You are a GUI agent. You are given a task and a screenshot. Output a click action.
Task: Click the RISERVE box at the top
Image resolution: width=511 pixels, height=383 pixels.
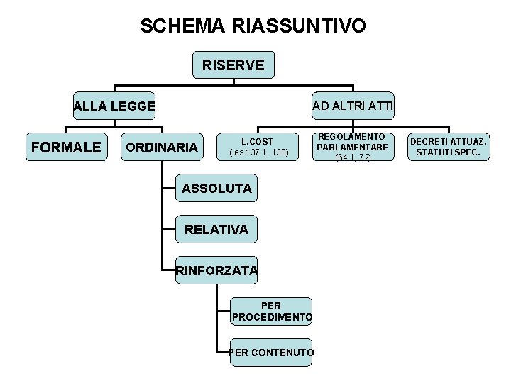(x=233, y=65)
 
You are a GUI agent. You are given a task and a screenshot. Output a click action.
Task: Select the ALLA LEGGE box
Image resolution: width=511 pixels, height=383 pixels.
(x=115, y=106)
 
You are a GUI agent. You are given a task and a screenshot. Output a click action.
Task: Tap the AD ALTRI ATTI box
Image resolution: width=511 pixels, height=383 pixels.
(x=353, y=106)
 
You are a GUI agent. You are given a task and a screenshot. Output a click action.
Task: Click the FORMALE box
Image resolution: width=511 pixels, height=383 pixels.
(x=67, y=148)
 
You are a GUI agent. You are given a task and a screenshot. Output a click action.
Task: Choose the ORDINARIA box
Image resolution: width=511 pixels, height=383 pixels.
(x=161, y=148)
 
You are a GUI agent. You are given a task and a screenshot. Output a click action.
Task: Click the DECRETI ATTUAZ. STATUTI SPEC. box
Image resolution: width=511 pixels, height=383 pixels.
(x=449, y=147)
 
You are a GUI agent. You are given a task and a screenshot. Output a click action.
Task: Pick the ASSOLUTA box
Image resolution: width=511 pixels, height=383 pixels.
(x=216, y=189)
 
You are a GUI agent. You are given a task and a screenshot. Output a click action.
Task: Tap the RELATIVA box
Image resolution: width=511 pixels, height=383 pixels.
(x=216, y=230)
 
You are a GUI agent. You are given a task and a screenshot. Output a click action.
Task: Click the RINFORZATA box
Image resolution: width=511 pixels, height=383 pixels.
(x=216, y=270)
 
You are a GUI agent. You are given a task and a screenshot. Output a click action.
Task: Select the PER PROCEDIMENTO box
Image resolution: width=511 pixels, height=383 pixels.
(x=271, y=311)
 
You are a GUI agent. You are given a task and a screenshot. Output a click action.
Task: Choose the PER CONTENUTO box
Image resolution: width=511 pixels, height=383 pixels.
(x=271, y=352)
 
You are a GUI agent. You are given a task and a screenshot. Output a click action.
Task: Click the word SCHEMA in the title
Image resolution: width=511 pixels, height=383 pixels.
(x=182, y=26)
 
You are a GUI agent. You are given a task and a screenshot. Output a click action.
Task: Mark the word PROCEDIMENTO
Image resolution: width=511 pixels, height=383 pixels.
(x=271, y=317)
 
